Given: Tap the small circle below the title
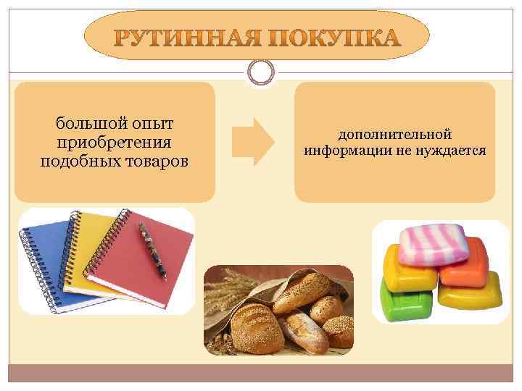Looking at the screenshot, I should click(x=261, y=71).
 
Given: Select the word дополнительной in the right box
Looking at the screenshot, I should click(x=394, y=135).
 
